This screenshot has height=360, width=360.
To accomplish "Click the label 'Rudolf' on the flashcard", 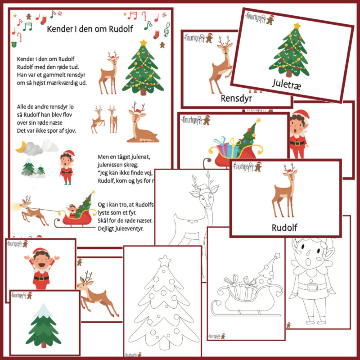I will [285, 227].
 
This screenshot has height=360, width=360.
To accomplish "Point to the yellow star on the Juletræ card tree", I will [297, 26].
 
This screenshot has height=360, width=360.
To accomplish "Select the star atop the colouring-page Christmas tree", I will [165, 260].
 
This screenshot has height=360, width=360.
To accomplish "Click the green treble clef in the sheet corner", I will [167, 30].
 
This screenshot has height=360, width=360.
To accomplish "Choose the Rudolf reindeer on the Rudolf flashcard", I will [283, 193].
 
